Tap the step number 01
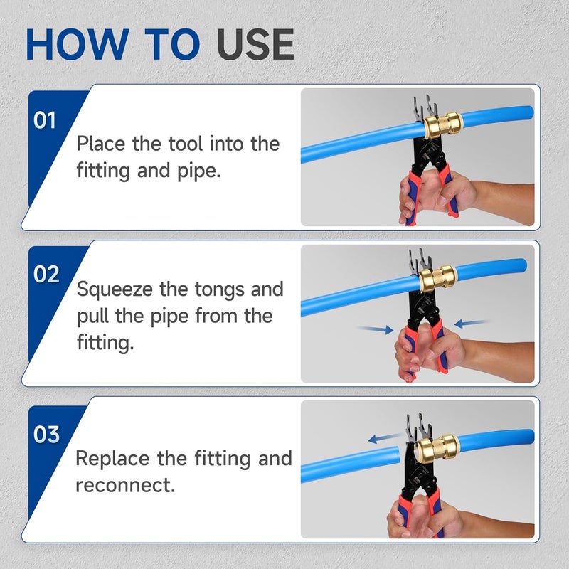(x=45, y=120)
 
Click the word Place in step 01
(x=102, y=144)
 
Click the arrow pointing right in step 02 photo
(x=375, y=329)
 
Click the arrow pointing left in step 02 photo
(x=470, y=323)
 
